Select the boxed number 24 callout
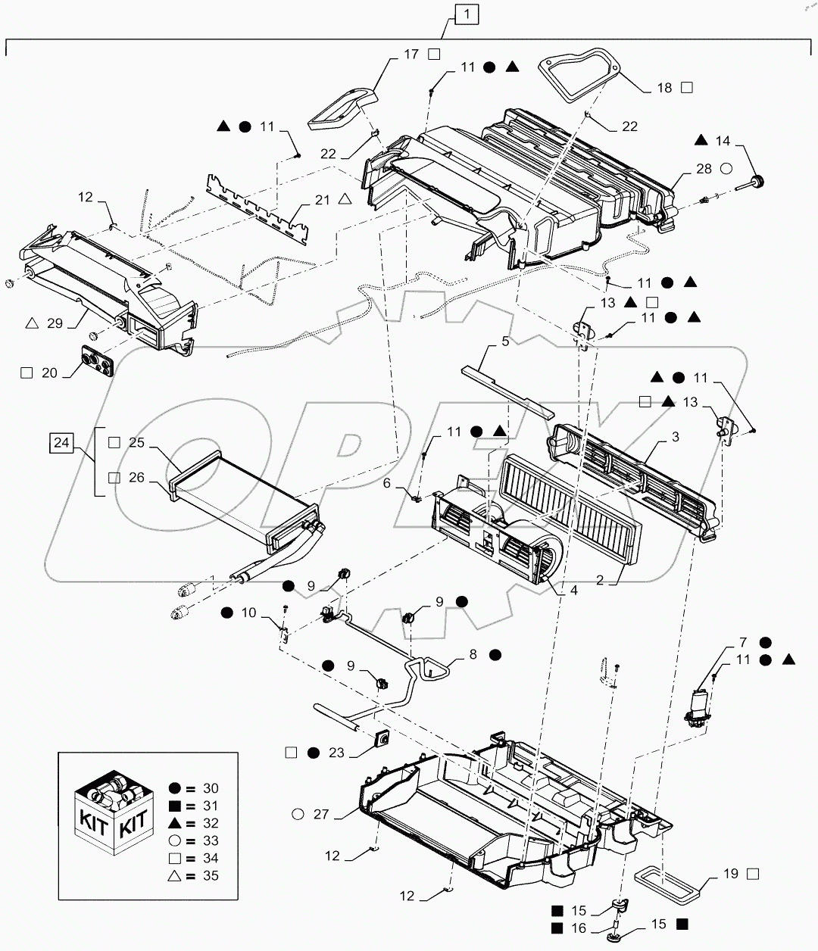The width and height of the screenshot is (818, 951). pyautogui.click(x=62, y=442)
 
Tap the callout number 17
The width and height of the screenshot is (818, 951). pyautogui.click(x=411, y=54)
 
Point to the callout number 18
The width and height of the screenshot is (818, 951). pyautogui.click(x=664, y=88)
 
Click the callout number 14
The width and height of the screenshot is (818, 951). pyautogui.click(x=723, y=140)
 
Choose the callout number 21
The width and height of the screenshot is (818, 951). pyautogui.click(x=322, y=199)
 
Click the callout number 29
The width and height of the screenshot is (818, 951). pyautogui.click(x=55, y=323)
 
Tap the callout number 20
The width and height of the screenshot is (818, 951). pyautogui.click(x=49, y=373)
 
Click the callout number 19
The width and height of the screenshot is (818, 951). pyautogui.click(x=729, y=874)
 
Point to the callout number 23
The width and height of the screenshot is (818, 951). pyautogui.click(x=336, y=753)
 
